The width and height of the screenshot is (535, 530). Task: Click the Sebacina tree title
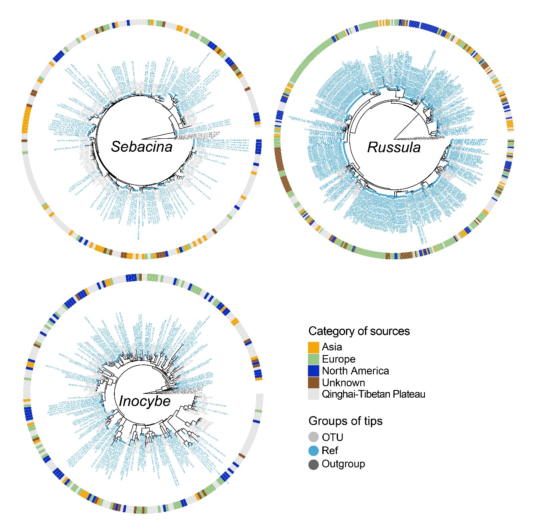(142, 147)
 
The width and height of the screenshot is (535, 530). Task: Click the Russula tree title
(394, 147)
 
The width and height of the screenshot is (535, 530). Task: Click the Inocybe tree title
(145, 401)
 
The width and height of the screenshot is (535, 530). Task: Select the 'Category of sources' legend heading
(359, 331)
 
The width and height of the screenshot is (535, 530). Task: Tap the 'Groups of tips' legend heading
(346, 421)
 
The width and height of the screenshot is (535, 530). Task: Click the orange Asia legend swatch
(313, 347)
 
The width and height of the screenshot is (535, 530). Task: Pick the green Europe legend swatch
(313, 359)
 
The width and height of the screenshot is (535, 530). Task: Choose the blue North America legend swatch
(313, 371)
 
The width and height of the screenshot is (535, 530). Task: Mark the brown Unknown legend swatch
(313, 382)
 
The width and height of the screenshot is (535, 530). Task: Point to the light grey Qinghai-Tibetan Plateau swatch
(313, 394)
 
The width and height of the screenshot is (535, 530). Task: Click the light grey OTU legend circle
(313, 437)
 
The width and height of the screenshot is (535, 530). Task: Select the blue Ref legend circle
(313, 451)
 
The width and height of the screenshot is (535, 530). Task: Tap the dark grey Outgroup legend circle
(313, 465)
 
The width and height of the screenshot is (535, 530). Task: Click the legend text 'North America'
(355, 371)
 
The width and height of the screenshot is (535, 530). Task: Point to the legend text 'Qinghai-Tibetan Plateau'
(373, 394)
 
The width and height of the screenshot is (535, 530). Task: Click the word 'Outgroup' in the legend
(343, 464)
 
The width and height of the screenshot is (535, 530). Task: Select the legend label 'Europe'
(338, 359)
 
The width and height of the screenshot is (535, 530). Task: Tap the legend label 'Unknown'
(343, 382)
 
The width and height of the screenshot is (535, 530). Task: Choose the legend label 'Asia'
(332, 347)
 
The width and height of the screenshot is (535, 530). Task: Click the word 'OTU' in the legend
(332, 437)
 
